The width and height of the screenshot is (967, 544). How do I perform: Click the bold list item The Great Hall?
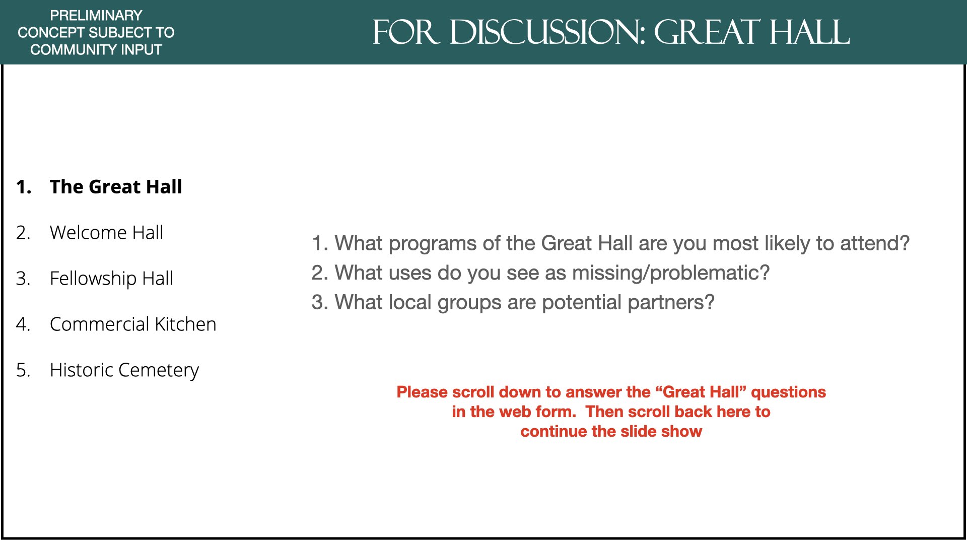pyautogui.click(x=116, y=187)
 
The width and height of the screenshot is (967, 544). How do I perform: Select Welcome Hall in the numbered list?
pyautogui.click(x=106, y=233)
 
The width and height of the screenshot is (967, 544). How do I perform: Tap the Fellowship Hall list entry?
pyautogui.click(x=111, y=279)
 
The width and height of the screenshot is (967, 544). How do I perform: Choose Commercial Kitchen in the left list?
pyautogui.click(x=133, y=324)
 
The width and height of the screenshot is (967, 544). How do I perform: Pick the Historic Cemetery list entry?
pyautogui.click(x=124, y=371)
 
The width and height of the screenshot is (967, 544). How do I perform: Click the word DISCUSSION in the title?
pyautogui.click(x=547, y=33)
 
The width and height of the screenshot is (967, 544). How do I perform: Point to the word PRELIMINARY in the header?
pyautogui.click(x=96, y=16)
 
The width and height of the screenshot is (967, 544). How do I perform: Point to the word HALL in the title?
pyautogui.click(x=809, y=33)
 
